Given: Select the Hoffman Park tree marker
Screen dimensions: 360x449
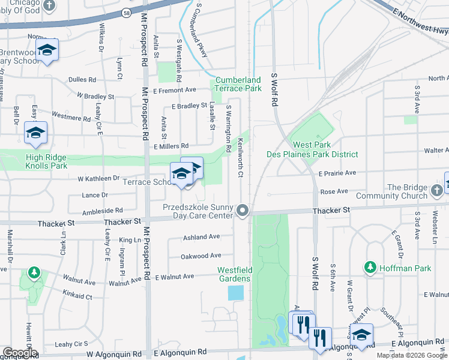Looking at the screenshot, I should (370, 266).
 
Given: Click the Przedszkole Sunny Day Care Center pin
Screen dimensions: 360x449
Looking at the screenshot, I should (243, 210).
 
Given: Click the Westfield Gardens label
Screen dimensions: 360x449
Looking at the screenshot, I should (234, 274).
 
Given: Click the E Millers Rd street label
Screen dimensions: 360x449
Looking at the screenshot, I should (172, 146).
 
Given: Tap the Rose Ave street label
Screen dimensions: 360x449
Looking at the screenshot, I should (334, 191).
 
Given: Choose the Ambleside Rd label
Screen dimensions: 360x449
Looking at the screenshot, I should (103, 211).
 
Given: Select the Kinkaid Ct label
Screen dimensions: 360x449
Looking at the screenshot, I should (77, 296).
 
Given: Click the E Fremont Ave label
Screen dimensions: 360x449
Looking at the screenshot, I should (175, 90).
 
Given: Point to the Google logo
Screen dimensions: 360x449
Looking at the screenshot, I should (20, 353).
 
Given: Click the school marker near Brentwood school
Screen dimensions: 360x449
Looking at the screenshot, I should (46, 52).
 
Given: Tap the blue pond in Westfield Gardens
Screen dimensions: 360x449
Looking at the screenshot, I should (236, 293).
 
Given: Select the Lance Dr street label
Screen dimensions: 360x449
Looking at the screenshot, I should (95, 195).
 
